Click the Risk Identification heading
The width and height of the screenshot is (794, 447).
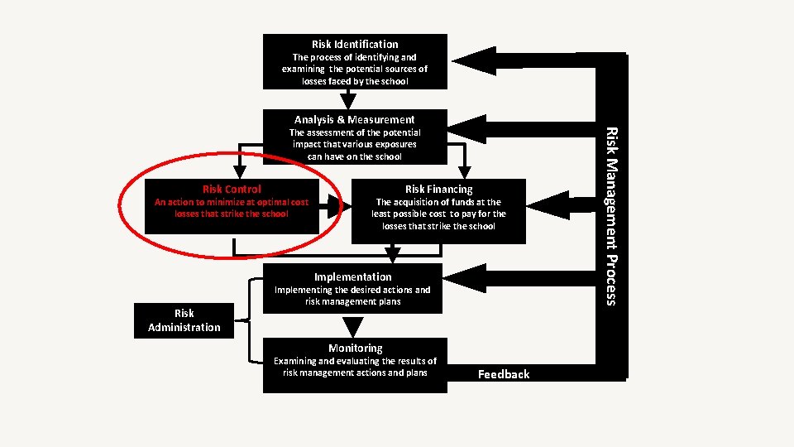(x=355, y=44)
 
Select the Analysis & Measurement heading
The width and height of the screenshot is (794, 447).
(x=355, y=120)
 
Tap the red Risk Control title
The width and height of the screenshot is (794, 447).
(x=232, y=190)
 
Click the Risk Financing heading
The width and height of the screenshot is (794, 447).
(x=438, y=190)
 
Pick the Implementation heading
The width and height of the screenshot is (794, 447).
(x=353, y=276)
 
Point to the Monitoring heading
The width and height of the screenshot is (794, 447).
(x=355, y=348)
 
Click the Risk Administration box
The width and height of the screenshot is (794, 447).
(x=184, y=320)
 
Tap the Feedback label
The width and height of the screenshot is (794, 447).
(x=504, y=374)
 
